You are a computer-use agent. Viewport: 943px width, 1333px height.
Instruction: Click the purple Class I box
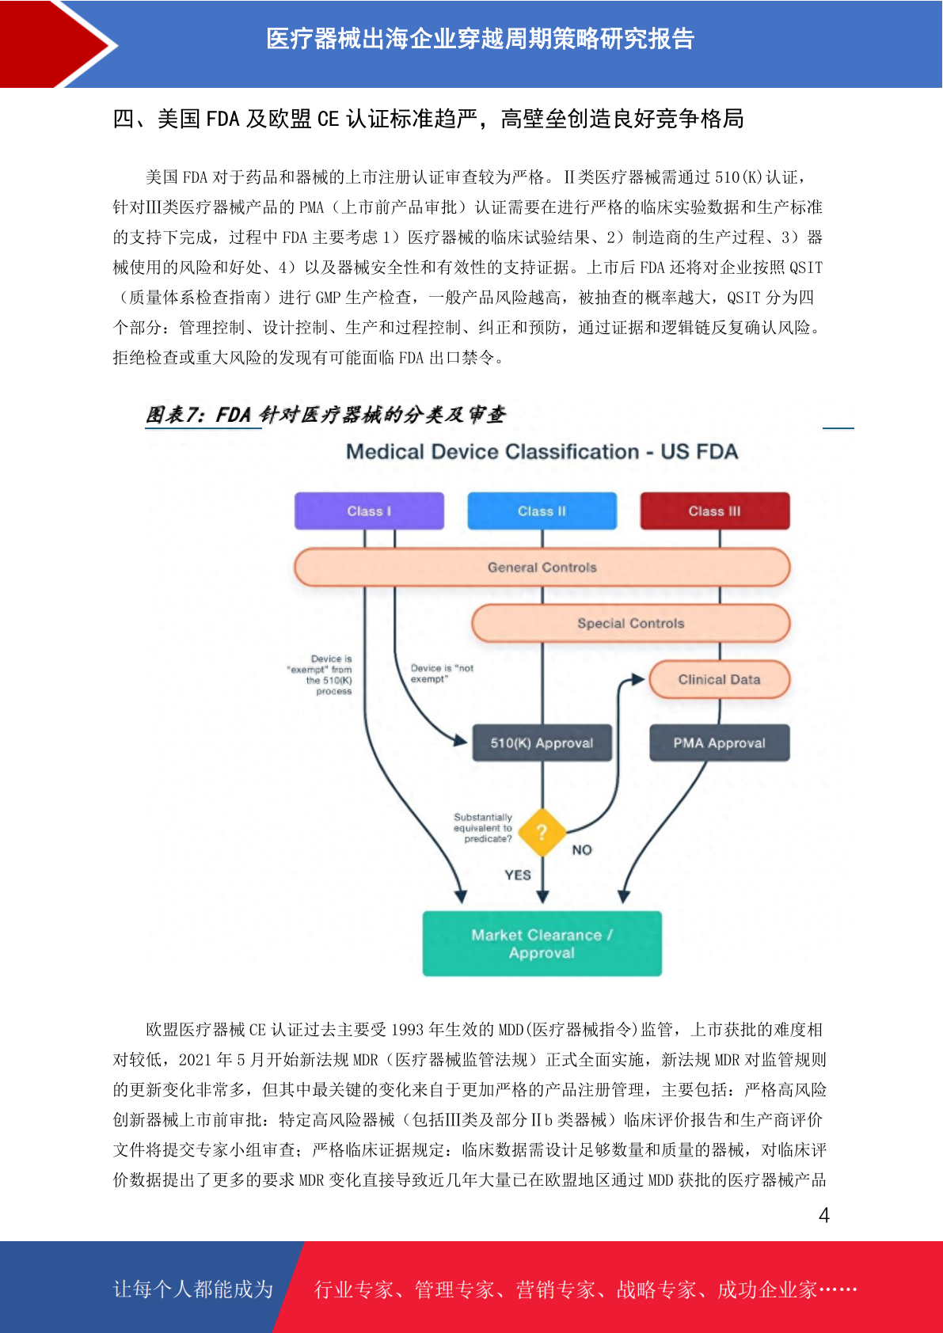(369, 511)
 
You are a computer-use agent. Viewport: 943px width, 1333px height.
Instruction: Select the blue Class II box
(542, 511)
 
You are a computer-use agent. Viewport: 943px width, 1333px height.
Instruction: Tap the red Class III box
(715, 511)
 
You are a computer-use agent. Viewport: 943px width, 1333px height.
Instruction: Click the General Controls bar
(542, 567)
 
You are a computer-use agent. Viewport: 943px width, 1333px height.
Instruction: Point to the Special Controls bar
(630, 623)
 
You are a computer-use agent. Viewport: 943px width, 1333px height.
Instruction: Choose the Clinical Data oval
(719, 679)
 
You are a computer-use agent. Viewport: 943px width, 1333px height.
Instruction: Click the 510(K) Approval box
(542, 742)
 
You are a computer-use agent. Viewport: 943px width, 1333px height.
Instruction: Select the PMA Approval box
(719, 742)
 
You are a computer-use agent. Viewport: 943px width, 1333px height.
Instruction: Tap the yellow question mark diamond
(542, 832)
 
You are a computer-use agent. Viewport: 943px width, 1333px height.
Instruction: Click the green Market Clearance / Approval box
(542, 944)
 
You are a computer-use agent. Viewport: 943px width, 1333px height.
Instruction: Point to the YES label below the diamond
(517, 875)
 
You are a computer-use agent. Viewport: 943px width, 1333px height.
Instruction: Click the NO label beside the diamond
(582, 850)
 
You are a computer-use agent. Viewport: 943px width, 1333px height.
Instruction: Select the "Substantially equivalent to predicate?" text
(482, 828)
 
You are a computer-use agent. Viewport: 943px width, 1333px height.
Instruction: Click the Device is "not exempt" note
(442, 673)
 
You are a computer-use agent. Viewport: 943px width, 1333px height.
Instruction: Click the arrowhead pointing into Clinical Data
(638, 679)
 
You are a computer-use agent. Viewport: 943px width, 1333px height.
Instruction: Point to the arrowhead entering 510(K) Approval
(460, 740)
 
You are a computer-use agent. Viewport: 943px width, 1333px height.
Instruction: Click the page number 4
(824, 1214)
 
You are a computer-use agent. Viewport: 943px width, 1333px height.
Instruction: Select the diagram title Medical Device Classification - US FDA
(542, 452)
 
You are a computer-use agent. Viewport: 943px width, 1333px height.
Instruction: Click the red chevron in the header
(59, 44)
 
